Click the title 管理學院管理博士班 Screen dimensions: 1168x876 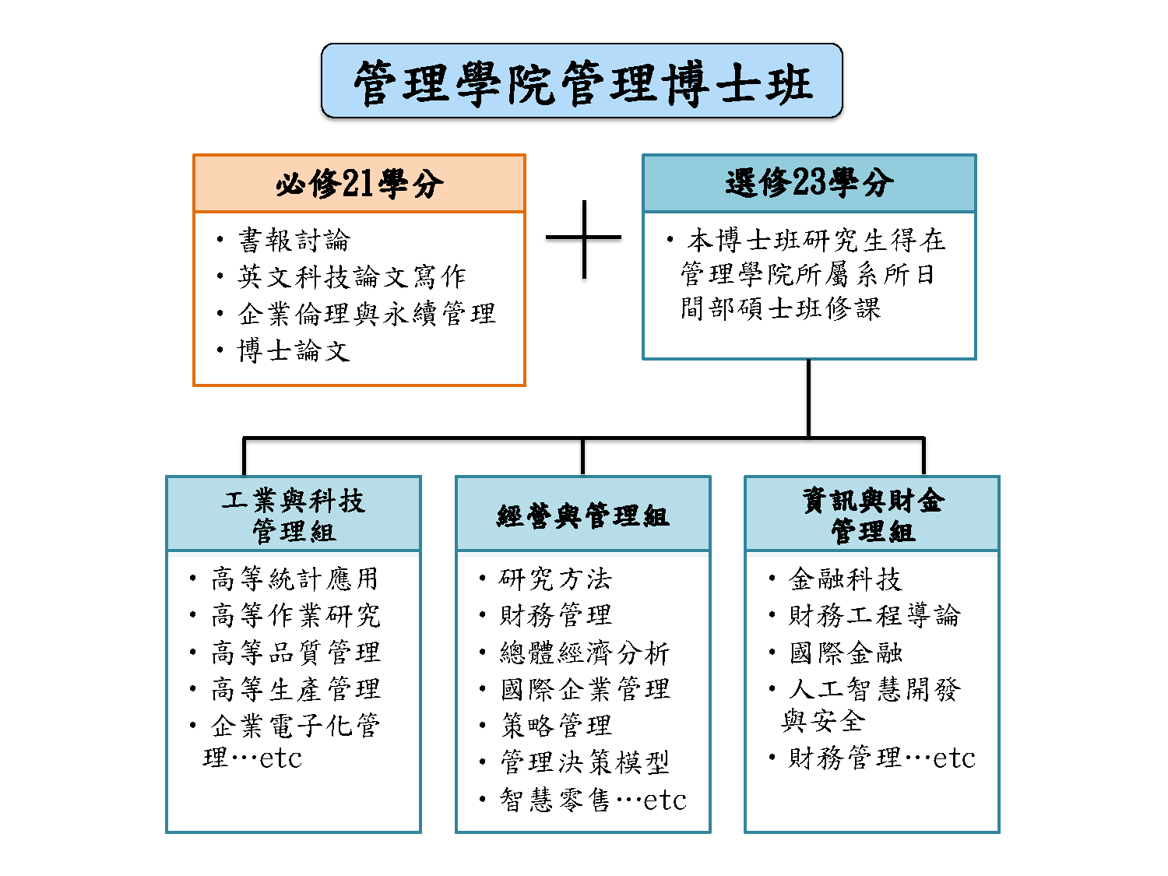pos(582,83)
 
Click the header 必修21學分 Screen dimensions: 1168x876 pos(359,184)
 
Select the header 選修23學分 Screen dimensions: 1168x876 pos(809,182)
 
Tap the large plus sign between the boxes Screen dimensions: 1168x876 pos(584,238)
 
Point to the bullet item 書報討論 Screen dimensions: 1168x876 pos(294,240)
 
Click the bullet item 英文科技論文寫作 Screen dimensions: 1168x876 pos(352,276)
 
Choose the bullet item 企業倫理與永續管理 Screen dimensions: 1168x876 pos(367,313)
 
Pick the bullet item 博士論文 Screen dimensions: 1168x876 pos(294,350)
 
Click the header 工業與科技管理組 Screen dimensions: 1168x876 pos(294,516)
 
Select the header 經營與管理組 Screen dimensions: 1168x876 pos(582,516)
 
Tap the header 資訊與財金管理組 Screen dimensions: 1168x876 pos(873,515)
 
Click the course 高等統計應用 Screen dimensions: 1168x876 pos(295,579)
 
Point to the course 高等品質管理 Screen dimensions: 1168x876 pos(296,652)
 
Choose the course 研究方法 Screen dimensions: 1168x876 pos(555,579)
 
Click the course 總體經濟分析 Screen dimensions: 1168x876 pos(585,652)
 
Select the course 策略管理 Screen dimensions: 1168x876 pos(556,726)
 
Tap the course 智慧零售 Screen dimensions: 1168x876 pos(554,800)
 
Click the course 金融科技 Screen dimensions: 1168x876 pos(845,579)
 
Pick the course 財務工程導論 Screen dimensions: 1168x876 pos(874,615)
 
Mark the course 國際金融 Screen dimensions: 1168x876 pos(846,653)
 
